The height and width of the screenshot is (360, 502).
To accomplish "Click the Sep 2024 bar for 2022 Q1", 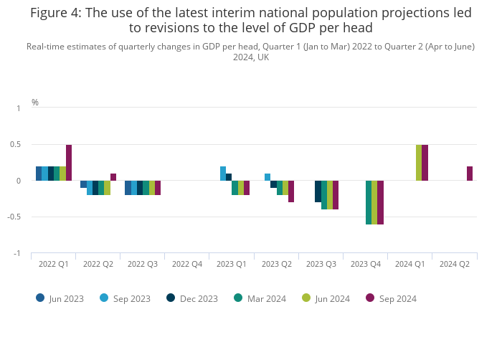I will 69,163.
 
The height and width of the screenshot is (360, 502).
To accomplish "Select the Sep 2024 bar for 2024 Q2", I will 470,174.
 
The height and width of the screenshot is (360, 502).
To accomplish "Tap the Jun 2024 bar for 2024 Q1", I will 419,163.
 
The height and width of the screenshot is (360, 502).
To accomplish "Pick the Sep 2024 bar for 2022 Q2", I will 113,177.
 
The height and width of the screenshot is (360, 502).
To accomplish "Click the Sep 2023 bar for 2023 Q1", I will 223,174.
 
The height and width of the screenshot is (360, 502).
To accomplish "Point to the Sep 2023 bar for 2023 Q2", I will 267,177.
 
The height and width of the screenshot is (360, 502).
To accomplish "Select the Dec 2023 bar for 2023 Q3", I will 318,191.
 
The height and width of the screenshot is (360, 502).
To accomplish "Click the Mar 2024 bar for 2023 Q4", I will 369,202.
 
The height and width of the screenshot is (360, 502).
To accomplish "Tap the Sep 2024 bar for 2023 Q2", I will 291,191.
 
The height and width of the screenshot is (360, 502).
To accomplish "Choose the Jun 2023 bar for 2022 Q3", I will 128,188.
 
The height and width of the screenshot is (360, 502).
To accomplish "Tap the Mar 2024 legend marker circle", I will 238,298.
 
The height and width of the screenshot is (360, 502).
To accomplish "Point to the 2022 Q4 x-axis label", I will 186,264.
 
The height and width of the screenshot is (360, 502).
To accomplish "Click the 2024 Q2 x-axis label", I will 455,264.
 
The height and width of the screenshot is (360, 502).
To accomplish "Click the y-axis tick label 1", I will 19,108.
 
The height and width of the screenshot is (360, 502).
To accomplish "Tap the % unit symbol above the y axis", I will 35,103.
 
